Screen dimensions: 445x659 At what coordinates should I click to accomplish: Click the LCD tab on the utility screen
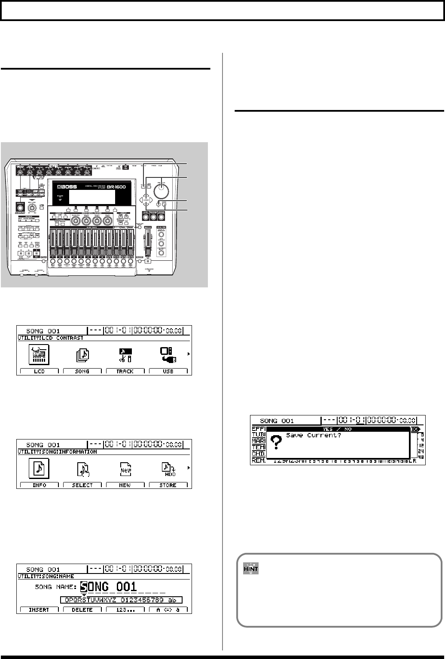point(39,371)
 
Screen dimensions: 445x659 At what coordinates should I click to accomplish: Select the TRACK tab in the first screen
point(125,371)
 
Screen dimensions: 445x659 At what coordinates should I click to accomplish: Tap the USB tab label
point(168,371)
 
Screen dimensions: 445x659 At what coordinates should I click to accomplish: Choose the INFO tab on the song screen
point(39,485)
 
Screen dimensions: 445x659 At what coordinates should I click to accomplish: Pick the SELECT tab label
point(82,485)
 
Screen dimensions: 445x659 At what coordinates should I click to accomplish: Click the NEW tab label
point(125,485)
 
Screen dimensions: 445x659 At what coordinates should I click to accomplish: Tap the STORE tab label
point(168,485)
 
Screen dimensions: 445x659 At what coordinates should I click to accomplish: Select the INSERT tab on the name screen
point(39,610)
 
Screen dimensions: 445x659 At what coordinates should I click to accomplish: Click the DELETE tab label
point(82,610)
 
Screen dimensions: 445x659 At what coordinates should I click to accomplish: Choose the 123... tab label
point(125,610)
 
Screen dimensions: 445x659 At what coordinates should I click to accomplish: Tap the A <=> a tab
point(168,610)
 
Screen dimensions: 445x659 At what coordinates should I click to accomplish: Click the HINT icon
point(251,569)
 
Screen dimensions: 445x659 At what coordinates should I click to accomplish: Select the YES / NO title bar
point(338,429)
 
